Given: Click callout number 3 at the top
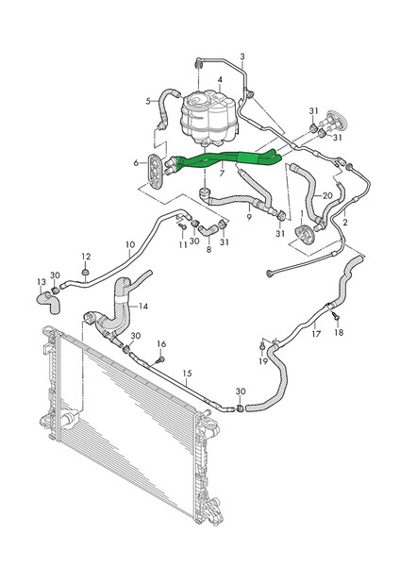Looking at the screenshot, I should (x=242, y=58).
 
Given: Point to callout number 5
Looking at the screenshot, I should (x=148, y=101).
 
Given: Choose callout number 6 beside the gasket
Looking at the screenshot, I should (x=137, y=163).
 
